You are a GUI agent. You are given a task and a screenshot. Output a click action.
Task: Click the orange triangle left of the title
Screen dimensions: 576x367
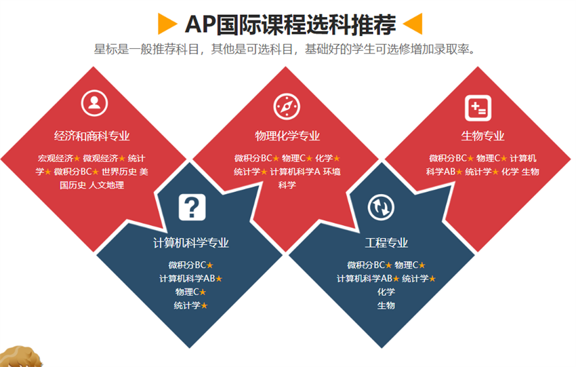coord(167,24)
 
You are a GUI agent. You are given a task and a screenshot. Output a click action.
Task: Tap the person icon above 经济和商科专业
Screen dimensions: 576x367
coord(94,103)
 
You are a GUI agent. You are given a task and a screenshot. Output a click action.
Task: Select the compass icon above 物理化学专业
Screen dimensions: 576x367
coord(287,107)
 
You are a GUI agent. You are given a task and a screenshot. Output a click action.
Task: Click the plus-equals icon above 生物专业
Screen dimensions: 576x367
coord(478,108)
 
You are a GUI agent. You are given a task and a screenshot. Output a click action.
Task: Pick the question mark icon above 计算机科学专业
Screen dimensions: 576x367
coord(192,208)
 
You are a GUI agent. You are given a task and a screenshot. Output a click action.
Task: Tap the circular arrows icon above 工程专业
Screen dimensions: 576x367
coord(381,208)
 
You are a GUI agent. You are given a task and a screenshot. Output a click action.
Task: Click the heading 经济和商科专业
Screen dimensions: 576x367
coord(92,136)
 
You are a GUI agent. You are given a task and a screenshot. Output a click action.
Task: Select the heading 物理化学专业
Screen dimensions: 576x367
coord(287,136)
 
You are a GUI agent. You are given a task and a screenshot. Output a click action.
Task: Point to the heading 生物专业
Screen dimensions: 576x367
coord(482,136)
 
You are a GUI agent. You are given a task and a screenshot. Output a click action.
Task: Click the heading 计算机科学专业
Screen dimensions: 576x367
coord(191,243)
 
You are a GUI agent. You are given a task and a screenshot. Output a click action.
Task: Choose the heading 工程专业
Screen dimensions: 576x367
coord(386,243)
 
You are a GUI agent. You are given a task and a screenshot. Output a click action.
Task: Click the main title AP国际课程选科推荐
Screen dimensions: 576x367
coord(291,24)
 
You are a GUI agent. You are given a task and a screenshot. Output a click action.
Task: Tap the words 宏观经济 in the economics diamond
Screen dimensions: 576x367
coord(56,159)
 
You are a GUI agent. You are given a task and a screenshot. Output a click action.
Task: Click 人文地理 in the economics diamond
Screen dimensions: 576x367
coord(106,185)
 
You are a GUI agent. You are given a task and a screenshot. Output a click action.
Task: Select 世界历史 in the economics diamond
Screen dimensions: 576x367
coord(119,172)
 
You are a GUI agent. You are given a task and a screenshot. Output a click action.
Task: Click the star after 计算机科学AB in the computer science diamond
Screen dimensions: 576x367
coord(219,279)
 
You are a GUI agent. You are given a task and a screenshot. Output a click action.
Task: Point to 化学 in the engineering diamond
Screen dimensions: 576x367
coord(386,292)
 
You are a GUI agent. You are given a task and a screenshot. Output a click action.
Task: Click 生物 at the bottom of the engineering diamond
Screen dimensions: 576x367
coord(386,305)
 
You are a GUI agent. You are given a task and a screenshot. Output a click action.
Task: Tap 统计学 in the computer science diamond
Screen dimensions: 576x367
coord(187,305)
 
